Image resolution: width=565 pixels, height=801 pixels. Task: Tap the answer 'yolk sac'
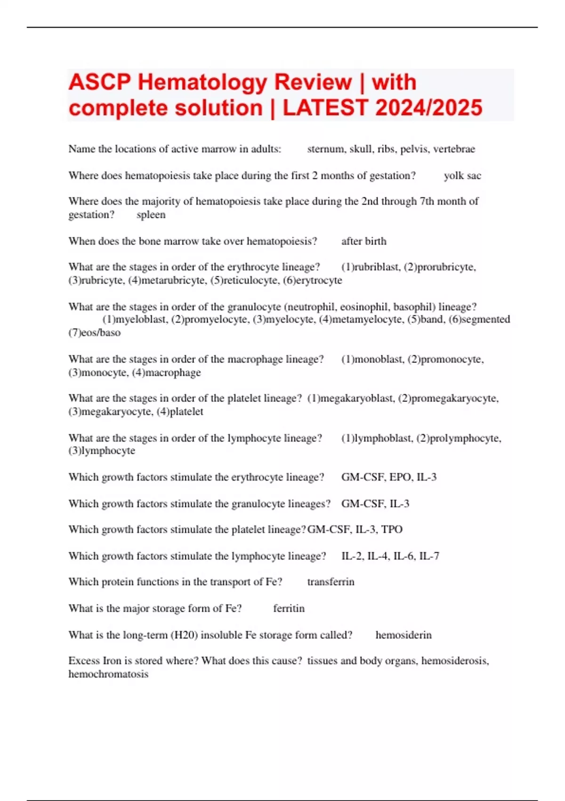pyautogui.click(x=462, y=176)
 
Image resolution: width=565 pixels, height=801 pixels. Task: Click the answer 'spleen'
pyautogui.click(x=151, y=215)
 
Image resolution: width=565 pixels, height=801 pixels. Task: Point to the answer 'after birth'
pyautogui.click(x=363, y=241)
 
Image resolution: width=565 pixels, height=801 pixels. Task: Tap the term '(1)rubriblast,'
pyautogui.click(x=371, y=267)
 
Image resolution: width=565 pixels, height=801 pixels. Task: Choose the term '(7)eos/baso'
pyautogui.click(x=94, y=333)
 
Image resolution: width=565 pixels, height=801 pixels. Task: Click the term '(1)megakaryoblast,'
pyautogui.click(x=351, y=399)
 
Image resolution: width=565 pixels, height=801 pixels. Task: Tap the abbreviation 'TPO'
pyautogui.click(x=392, y=530)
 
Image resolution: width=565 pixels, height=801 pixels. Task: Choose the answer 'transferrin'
pyautogui.click(x=331, y=582)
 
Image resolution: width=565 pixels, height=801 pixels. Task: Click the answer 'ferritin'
pyautogui.click(x=289, y=608)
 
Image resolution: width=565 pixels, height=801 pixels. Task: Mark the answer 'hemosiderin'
pyautogui.click(x=403, y=635)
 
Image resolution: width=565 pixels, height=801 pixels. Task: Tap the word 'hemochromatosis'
pyautogui.click(x=108, y=674)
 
